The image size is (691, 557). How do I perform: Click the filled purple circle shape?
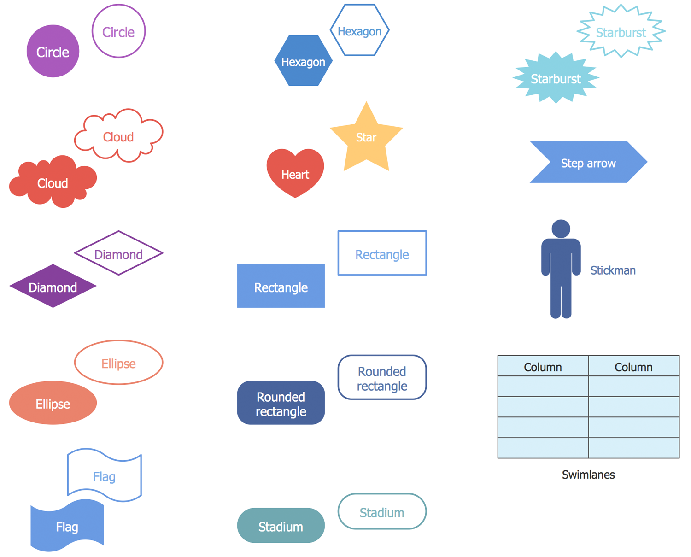53,51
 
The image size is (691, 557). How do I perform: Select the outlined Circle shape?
118,31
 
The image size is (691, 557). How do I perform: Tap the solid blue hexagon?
303,61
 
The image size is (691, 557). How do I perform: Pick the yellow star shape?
366,138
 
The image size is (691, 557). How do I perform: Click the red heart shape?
295,173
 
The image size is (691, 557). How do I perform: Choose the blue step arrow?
588,162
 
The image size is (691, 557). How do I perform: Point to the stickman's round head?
561,229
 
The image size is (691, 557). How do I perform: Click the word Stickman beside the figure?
613,270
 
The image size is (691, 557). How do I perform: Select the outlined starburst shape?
621,32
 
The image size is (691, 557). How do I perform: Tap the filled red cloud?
53,183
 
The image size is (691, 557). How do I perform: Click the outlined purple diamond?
118,254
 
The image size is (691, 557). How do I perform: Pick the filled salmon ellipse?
53,403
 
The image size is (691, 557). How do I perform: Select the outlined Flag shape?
104,475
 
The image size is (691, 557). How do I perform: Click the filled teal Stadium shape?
281,526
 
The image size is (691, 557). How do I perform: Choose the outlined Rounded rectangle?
382,378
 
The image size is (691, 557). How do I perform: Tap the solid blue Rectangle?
281,287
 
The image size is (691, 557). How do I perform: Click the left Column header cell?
543,367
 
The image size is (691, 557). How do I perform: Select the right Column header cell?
633,367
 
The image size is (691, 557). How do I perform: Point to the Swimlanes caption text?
588,475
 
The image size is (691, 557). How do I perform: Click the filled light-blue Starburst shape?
556,78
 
